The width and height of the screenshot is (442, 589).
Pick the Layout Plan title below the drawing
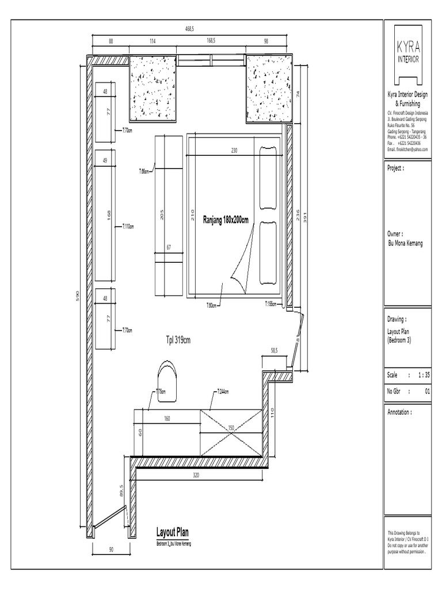[x=173, y=532]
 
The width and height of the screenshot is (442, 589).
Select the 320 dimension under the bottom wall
[x=196, y=476]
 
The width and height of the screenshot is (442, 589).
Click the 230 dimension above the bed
[x=234, y=151]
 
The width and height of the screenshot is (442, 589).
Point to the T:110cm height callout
[x=127, y=227]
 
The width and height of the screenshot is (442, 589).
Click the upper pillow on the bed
[x=268, y=179]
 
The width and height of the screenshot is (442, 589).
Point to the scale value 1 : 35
[x=424, y=374]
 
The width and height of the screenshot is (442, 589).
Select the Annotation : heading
[x=401, y=412]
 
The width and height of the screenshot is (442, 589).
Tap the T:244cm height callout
[x=222, y=392]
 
